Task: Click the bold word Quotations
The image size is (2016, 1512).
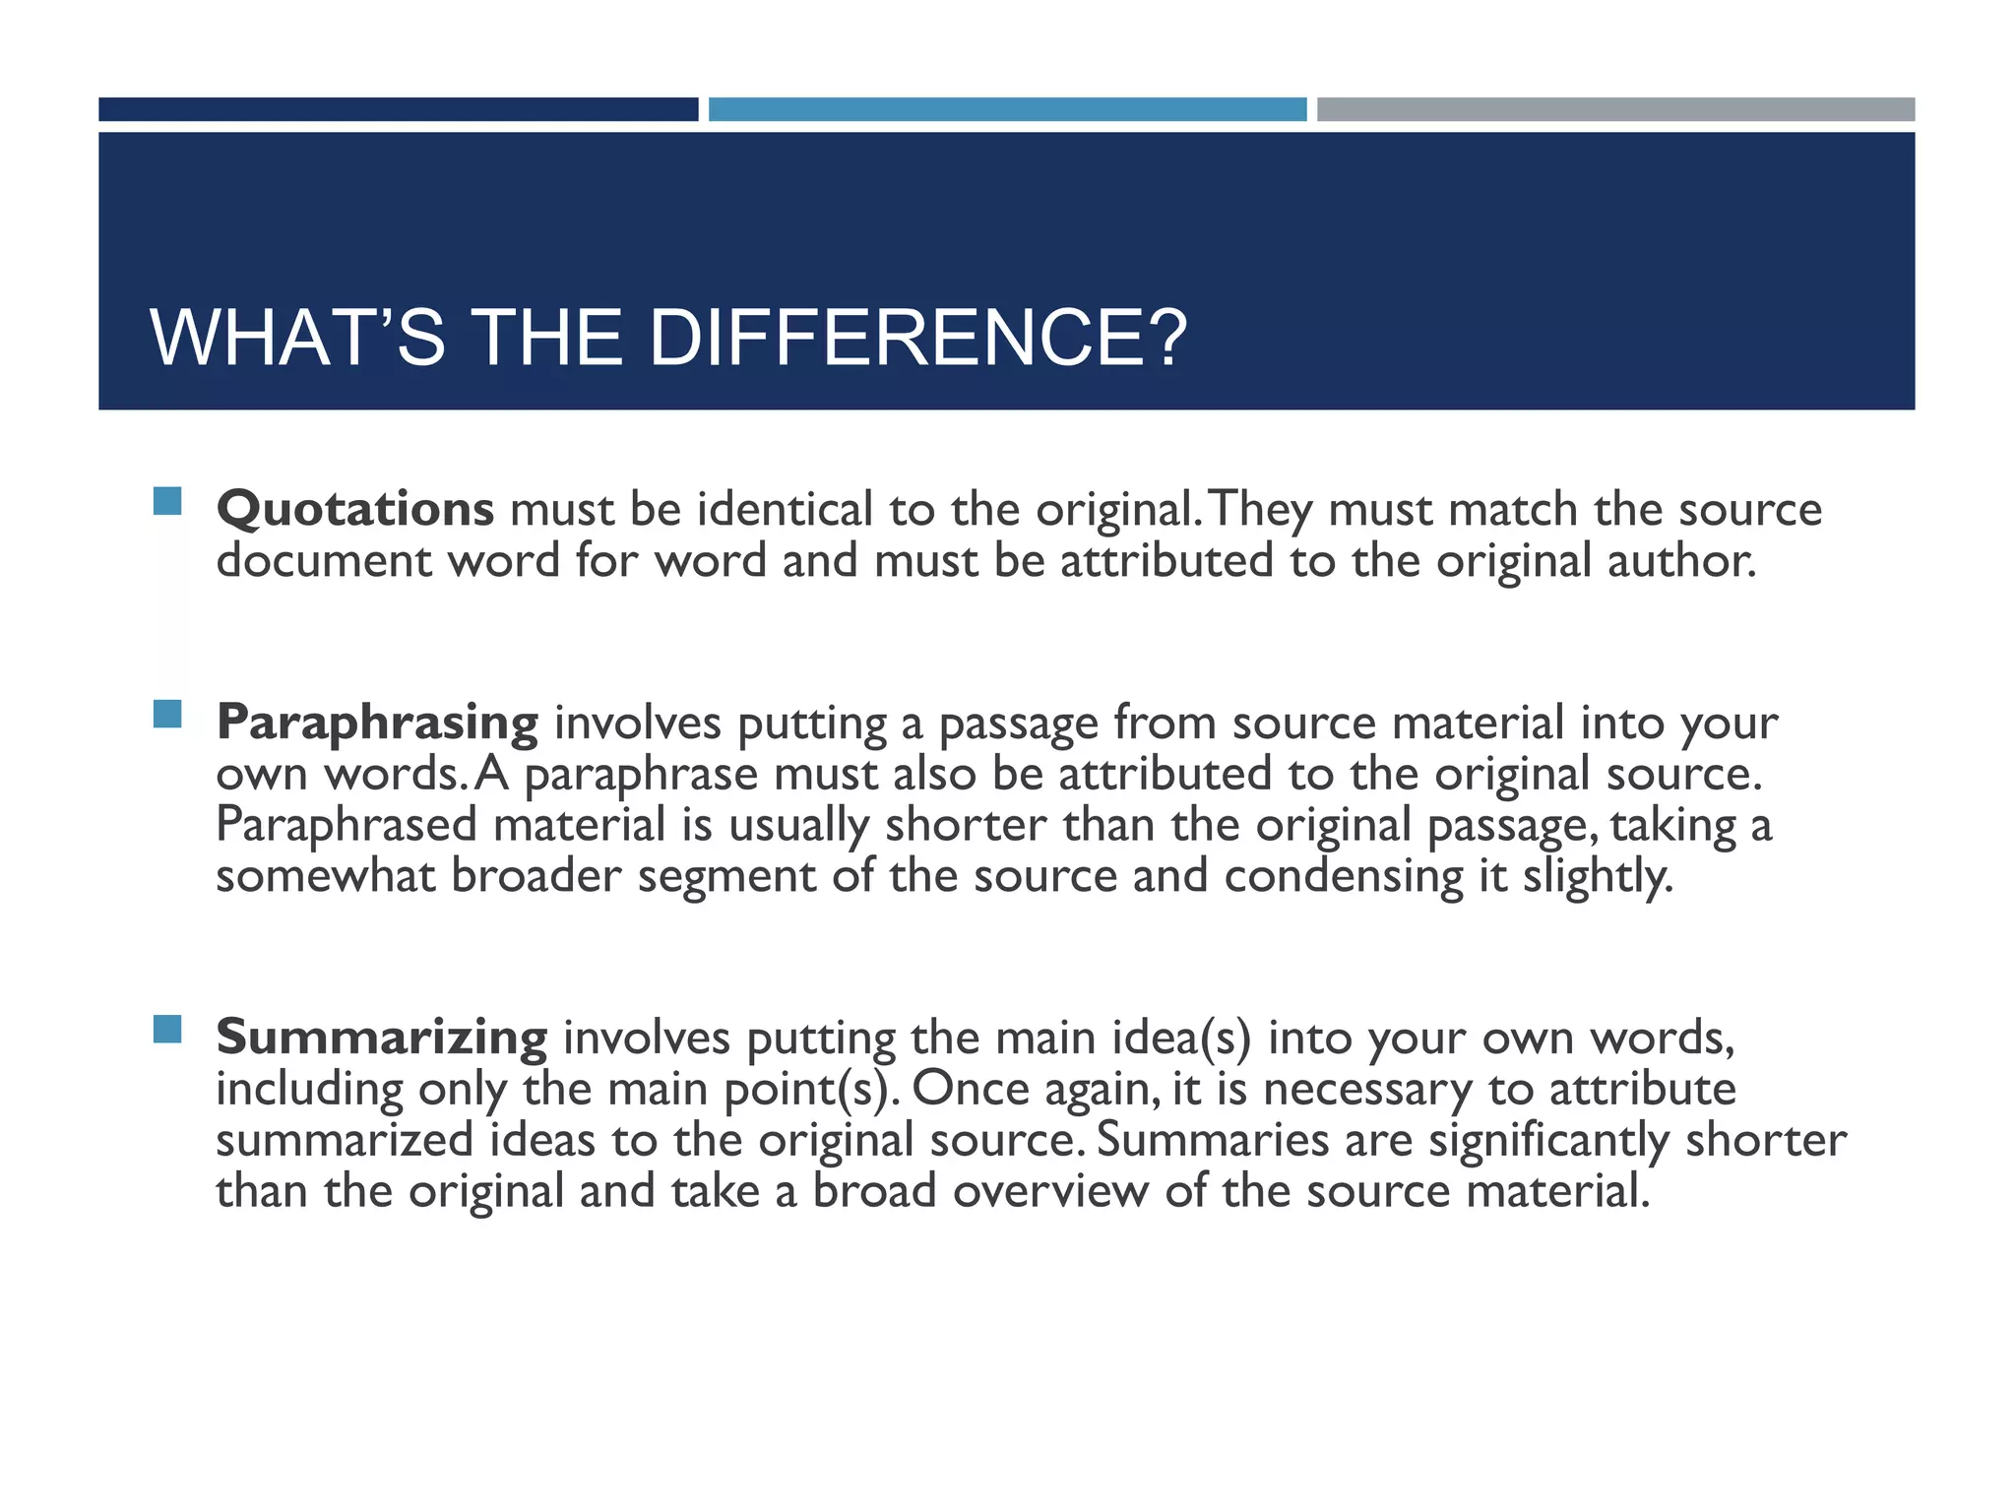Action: click(x=354, y=510)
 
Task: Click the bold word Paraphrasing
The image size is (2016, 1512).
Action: click(x=377, y=724)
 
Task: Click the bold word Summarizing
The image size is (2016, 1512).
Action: click(x=381, y=1038)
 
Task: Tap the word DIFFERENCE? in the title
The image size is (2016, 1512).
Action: click(x=917, y=339)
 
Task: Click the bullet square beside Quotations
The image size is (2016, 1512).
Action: click(x=168, y=501)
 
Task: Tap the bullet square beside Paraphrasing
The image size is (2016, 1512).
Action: click(x=168, y=714)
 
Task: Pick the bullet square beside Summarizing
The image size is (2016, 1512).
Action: click(x=168, y=1029)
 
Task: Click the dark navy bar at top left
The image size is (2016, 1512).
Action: click(x=398, y=109)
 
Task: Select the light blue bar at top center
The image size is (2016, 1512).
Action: click(x=1007, y=109)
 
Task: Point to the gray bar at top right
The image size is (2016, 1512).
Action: click(x=1615, y=109)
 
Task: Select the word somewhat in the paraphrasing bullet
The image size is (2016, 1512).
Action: click(x=325, y=876)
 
